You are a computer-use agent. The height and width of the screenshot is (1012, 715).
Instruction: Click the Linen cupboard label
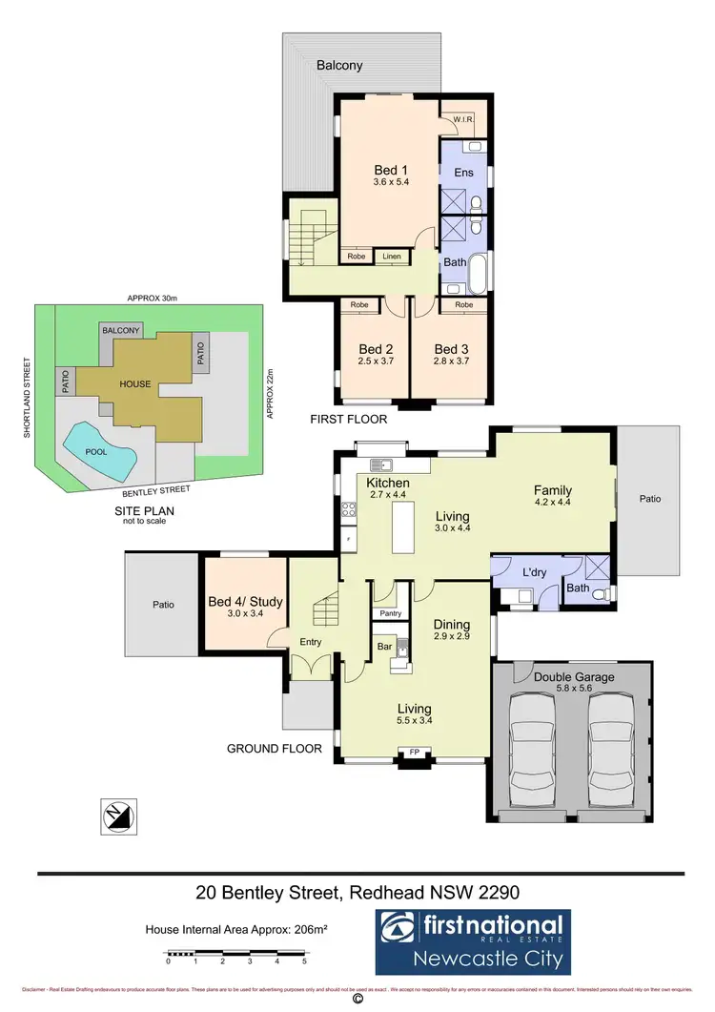(392, 257)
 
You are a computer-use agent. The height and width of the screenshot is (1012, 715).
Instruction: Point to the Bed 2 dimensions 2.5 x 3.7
(371, 362)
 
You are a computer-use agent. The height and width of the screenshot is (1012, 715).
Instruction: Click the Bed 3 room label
(452, 349)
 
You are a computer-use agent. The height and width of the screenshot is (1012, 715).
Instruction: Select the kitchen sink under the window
(383, 465)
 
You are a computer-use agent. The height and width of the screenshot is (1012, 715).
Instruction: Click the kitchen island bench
(404, 527)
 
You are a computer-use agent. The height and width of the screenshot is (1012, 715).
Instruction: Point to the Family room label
(554, 490)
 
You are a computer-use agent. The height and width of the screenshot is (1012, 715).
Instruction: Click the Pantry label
(389, 613)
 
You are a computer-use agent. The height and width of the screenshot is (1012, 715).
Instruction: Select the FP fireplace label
(414, 753)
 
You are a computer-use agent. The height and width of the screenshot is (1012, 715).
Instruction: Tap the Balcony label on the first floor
(339, 65)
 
